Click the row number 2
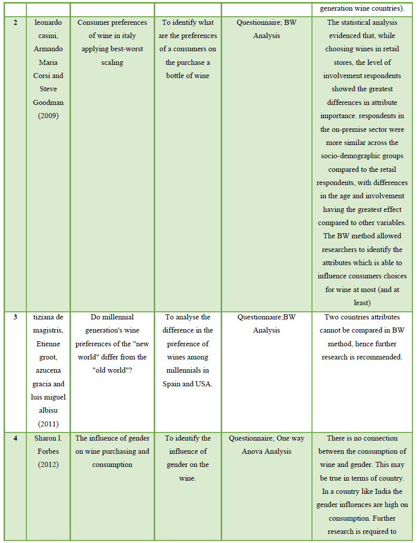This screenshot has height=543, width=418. pyautogui.click(x=15, y=23)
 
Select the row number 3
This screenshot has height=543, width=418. pyautogui.click(x=15, y=317)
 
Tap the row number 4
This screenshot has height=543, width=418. pyautogui.click(x=15, y=439)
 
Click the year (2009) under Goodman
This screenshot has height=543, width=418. pyautogui.click(x=48, y=116)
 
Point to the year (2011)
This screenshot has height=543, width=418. pyautogui.click(x=48, y=424)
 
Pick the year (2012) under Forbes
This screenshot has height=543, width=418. pyautogui.click(x=48, y=465)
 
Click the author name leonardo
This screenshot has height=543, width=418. pyautogui.click(x=48, y=23)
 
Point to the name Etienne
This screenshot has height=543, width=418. pyautogui.click(x=48, y=344)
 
